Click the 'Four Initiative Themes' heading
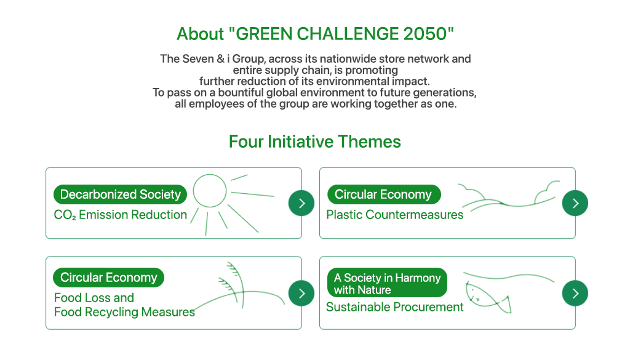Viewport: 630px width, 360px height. [x=315, y=142]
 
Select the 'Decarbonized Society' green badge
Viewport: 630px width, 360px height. [x=120, y=194]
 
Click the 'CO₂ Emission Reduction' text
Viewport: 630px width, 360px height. [x=121, y=215]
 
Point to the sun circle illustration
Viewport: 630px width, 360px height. [x=210, y=191]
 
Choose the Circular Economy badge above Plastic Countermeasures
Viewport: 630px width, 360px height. [x=384, y=194]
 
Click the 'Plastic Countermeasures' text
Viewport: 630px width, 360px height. [x=394, y=215]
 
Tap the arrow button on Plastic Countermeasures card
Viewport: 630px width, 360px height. [x=575, y=203]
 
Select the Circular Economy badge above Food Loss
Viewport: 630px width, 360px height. [x=108, y=278]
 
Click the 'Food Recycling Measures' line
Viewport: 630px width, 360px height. [x=124, y=312]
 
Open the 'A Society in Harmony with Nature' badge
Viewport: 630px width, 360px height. [x=388, y=282]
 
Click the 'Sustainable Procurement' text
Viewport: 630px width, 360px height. [x=394, y=307]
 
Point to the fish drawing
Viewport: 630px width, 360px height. [x=488, y=298]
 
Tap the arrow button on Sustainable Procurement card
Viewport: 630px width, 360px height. [x=575, y=294]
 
